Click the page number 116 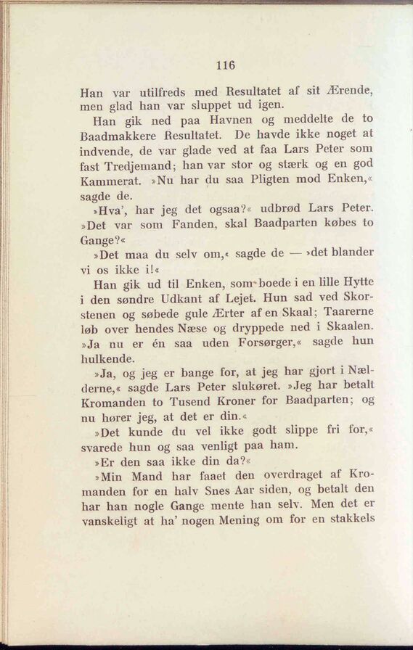(226, 65)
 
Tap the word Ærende (349, 92)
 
